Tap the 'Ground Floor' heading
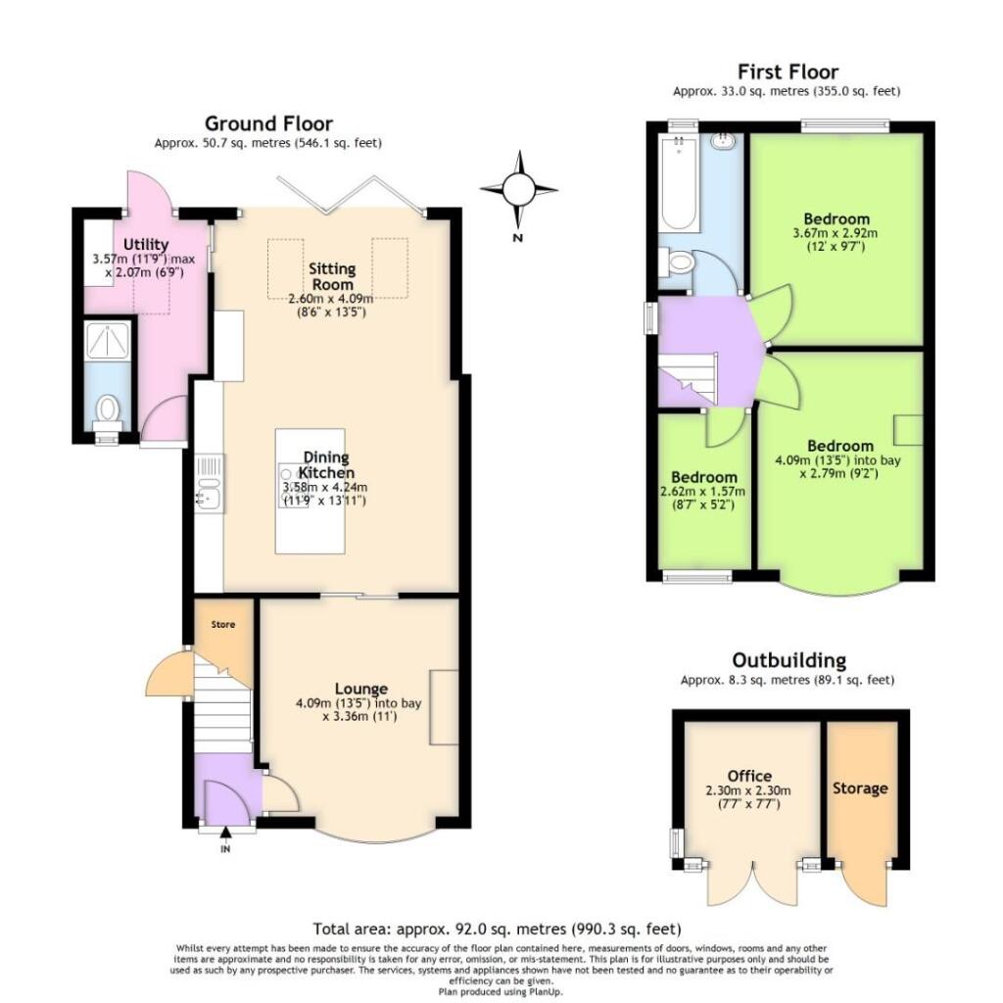pyautogui.click(x=267, y=123)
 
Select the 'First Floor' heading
pyautogui.click(x=787, y=72)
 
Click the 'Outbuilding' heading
pyautogui.click(x=788, y=660)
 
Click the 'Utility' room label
pyautogui.click(x=146, y=244)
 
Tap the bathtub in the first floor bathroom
pyautogui.click(x=678, y=186)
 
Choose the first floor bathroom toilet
pyautogui.click(x=677, y=263)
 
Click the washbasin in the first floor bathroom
pyautogui.click(x=724, y=140)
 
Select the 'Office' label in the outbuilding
pyautogui.click(x=749, y=776)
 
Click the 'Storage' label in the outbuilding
pyautogui.click(x=860, y=788)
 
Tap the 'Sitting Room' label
pyautogui.click(x=332, y=276)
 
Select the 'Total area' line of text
pyautogui.click(x=497, y=929)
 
